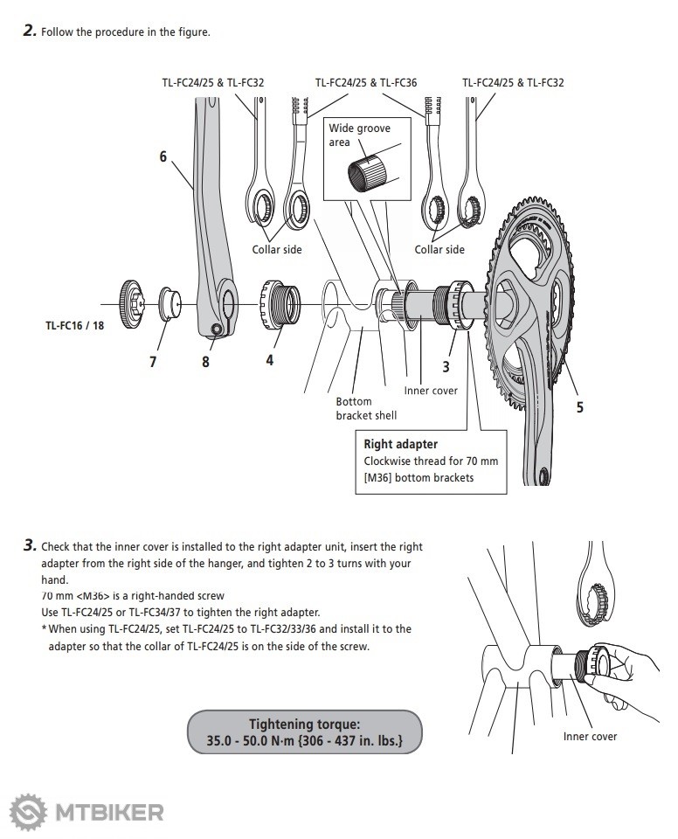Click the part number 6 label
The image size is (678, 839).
point(163,157)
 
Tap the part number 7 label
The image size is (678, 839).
point(153,362)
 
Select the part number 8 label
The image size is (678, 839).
point(206,362)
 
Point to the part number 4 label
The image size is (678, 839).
point(269,359)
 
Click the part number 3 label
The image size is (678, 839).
point(446,367)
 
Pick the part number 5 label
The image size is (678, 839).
point(580,406)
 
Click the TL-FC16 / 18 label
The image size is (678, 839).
point(73,326)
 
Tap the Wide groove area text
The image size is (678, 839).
point(358,135)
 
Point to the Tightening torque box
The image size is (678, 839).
point(305,732)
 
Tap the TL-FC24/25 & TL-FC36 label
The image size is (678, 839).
point(366,83)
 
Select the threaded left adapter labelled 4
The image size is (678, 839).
point(277,303)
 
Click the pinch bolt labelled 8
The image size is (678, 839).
point(217,329)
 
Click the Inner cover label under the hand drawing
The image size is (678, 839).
point(590,736)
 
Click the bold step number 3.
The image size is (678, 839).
point(30,545)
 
